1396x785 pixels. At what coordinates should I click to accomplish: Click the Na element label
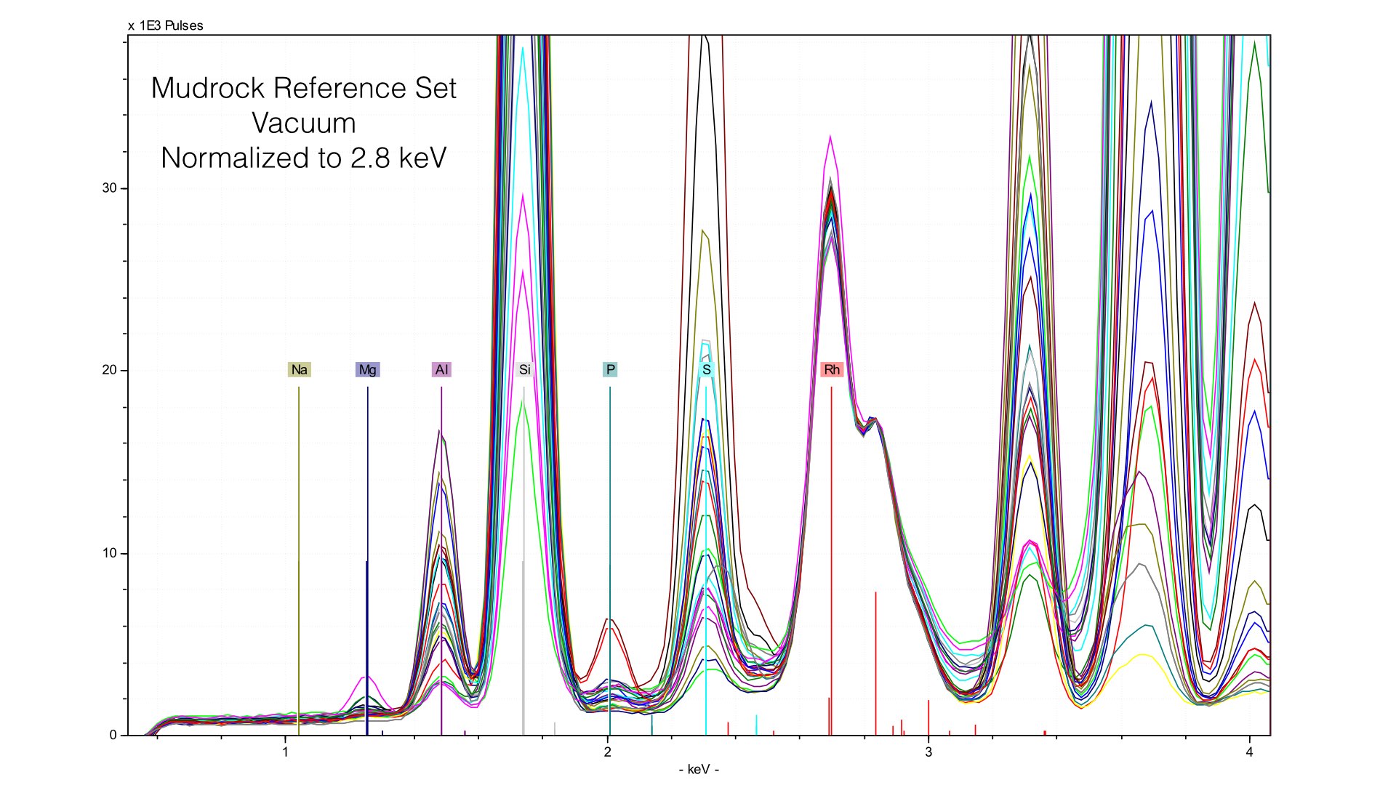pyautogui.click(x=299, y=370)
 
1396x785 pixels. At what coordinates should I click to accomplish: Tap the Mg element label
pyautogui.click(x=367, y=370)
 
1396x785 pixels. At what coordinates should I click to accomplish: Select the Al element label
pyautogui.click(x=441, y=370)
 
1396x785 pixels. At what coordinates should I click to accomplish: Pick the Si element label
pyautogui.click(x=524, y=370)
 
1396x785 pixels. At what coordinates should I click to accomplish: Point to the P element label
pyautogui.click(x=610, y=370)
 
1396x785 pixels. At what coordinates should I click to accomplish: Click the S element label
pyautogui.click(x=706, y=370)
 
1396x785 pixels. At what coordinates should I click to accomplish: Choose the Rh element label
pyautogui.click(x=832, y=370)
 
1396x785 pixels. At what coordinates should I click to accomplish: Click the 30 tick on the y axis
pyautogui.click(x=109, y=188)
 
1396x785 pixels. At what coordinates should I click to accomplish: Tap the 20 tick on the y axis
pyautogui.click(x=109, y=371)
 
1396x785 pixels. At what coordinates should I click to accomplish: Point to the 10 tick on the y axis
pyautogui.click(x=109, y=554)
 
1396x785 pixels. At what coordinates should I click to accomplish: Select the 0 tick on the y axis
pyautogui.click(x=113, y=736)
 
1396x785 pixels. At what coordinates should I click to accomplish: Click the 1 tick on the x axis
pyautogui.click(x=286, y=752)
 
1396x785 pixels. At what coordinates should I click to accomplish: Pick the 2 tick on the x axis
pyautogui.click(x=608, y=752)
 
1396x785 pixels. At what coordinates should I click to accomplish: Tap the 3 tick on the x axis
pyautogui.click(x=928, y=752)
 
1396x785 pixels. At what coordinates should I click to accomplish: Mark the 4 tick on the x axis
pyautogui.click(x=1250, y=752)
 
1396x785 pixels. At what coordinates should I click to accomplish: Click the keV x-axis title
pyautogui.click(x=699, y=770)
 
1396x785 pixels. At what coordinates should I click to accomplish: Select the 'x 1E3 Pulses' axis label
pyautogui.click(x=166, y=26)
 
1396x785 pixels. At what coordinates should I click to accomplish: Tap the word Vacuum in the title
pyautogui.click(x=304, y=124)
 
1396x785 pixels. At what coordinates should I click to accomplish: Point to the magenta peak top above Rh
pyautogui.click(x=830, y=137)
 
